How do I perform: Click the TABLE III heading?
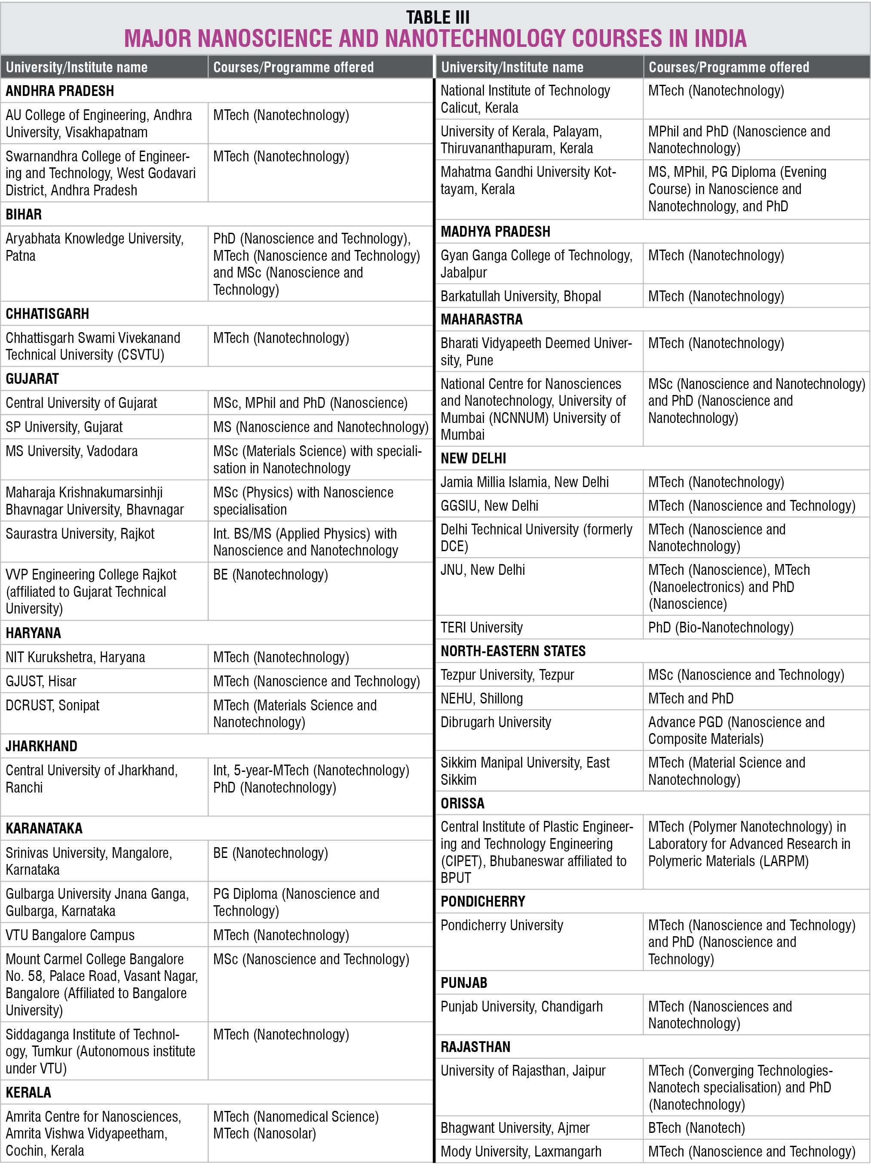[x=437, y=17]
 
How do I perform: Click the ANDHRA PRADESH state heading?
[x=60, y=91]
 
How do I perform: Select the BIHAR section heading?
[x=24, y=214]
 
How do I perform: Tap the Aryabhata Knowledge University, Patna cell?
[x=95, y=247]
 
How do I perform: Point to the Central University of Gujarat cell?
[x=81, y=403]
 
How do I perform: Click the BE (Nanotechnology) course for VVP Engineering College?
[x=270, y=575]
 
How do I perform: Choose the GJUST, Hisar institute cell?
[x=41, y=681]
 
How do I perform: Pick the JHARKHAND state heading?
[x=42, y=746]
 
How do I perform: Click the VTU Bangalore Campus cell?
[x=70, y=935]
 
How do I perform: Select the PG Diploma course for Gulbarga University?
[x=296, y=902]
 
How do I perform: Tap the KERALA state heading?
[x=28, y=1092]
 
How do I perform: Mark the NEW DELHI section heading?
[x=473, y=459]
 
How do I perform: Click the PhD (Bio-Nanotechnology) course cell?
[x=720, y=627]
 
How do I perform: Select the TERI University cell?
[x=482, y=627]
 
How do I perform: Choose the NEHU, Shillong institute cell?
[x=482, y=699]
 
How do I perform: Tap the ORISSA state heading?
[x=463, y=803]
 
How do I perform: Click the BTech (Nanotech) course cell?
[x=696, y=1128]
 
